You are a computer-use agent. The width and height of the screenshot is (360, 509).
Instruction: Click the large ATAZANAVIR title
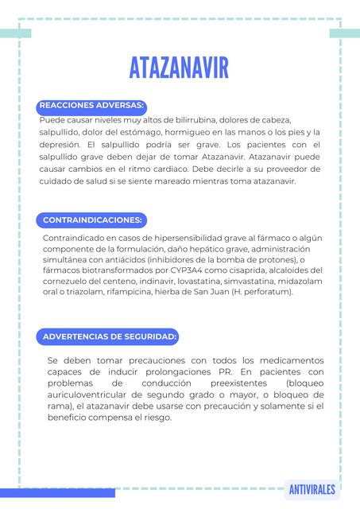click(x=179, y=68)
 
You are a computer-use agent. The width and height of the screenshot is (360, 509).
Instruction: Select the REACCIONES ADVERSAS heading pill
click(x=91, y=105)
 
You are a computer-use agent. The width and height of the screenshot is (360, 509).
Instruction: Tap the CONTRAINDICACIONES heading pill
click(x=92, y=219)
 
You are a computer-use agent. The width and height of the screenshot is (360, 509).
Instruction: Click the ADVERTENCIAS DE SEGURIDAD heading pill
click(x=109, y=336)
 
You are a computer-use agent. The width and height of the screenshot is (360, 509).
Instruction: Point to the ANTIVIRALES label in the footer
click(x=312, y=489)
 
